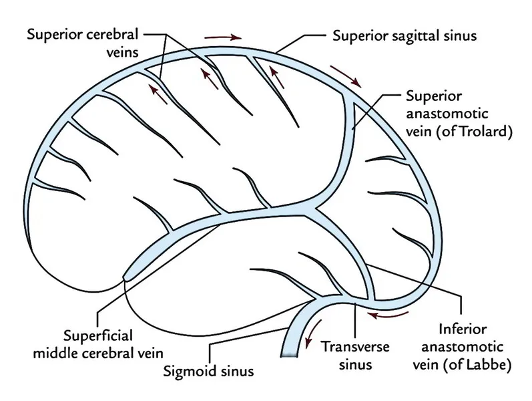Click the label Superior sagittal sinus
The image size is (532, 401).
(404, 35)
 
